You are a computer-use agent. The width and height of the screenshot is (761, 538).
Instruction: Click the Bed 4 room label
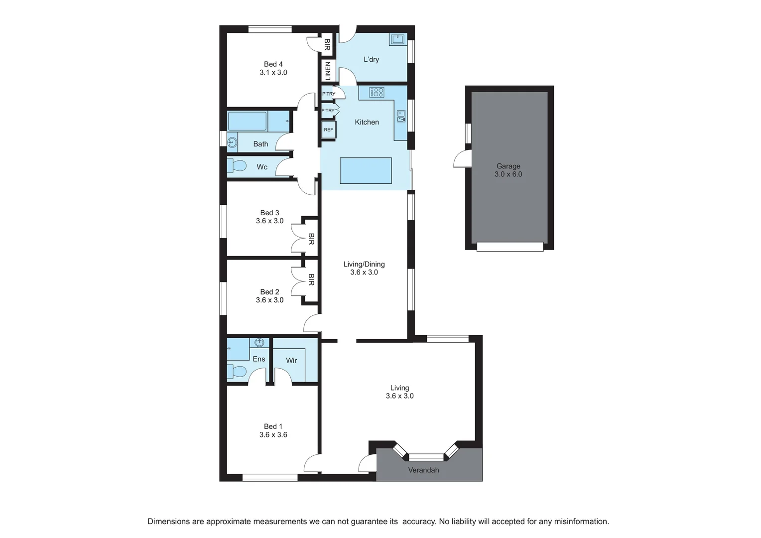coord(273,64)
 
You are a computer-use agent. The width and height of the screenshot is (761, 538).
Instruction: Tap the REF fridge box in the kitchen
coord(329,130)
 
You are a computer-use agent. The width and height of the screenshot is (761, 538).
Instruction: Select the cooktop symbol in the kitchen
coord(377,92)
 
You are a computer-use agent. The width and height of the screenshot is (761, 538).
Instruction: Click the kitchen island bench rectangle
coord(366,170)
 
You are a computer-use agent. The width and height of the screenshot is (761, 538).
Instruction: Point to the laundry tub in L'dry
coord(398,40)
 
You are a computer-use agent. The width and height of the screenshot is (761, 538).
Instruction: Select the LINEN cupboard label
coord(328,70)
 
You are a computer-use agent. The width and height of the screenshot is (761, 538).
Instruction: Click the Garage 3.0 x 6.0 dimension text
coord(508,174)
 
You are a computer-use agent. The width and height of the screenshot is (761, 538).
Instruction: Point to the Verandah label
coord(423,470)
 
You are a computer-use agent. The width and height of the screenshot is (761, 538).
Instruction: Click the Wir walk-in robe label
coord(291,361)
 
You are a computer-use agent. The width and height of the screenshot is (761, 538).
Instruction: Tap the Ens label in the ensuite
coord(259,359)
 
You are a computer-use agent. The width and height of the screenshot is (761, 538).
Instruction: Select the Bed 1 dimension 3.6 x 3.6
coord(273,435)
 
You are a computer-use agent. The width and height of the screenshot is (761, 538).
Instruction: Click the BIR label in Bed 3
coord(311,239)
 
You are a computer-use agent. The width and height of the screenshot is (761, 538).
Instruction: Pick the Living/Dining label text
coord(364,264)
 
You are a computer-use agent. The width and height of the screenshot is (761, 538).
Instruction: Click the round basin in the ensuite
coord(259,342)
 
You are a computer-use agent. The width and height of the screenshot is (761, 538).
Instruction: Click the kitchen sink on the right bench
coord(401,116)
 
